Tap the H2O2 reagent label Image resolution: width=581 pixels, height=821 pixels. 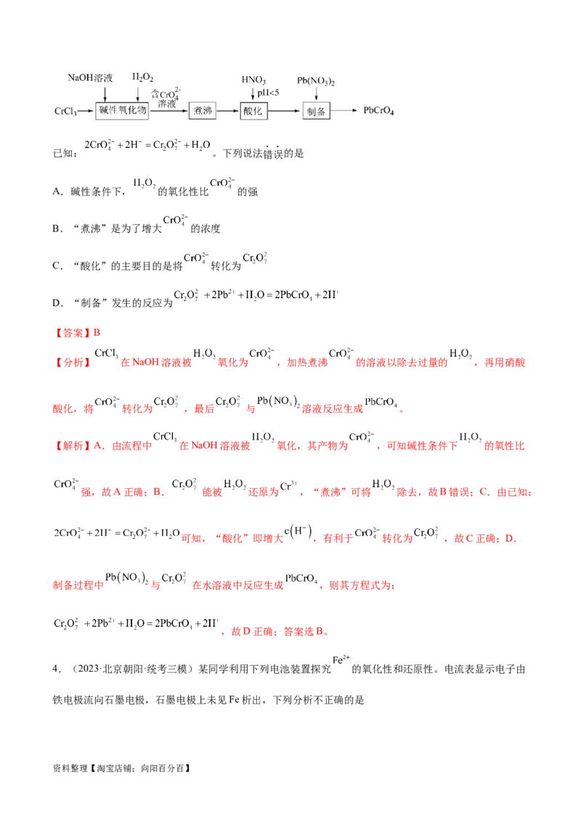142,77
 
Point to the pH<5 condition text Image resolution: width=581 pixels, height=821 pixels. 269,92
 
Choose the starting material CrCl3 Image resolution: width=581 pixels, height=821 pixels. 67,111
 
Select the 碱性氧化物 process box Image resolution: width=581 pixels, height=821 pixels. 122,111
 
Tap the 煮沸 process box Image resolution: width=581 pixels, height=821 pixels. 203,111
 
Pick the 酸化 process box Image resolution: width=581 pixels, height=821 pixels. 254,111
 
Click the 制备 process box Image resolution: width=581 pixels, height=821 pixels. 316,111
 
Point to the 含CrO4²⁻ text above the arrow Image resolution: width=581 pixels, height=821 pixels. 166,94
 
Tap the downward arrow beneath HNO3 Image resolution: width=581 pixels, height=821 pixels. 252,93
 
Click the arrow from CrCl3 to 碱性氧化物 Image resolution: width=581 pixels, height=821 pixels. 87,111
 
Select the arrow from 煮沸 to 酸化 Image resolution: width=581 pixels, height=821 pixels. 229,111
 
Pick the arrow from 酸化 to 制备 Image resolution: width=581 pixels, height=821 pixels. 285,111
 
